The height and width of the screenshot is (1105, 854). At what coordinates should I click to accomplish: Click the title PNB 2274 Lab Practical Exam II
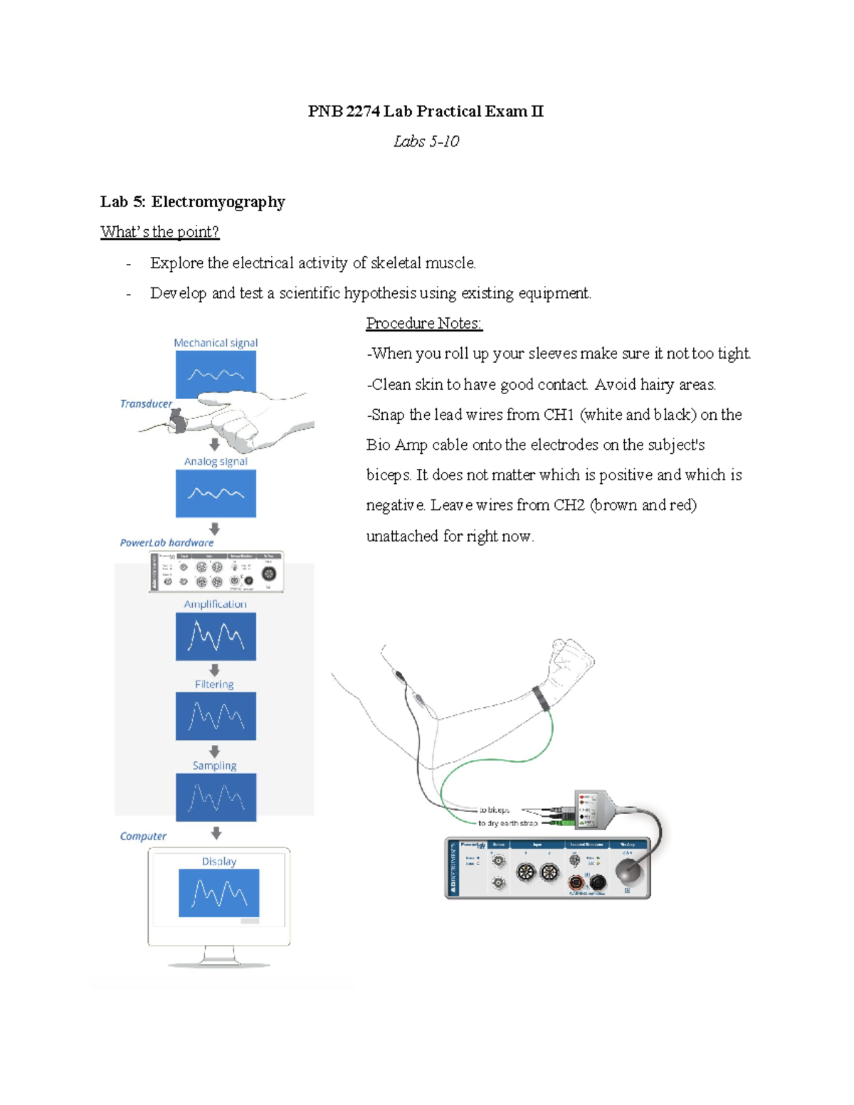(x=426, y=111)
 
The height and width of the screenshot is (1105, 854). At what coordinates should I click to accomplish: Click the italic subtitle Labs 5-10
(x=426, y=142)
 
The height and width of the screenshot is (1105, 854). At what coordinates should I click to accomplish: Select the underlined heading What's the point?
(x=159, y=232)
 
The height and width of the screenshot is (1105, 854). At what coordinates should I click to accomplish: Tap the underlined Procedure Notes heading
(x=424, y=324)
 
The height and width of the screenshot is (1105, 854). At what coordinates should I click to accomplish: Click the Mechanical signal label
(x=216, y=343)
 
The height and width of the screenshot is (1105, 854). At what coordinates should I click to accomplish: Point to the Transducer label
(x=146, y=403)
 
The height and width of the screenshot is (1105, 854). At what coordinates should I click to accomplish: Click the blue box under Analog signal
(x=216, y=493)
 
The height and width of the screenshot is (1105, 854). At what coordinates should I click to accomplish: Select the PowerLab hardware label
(x=167, y=542)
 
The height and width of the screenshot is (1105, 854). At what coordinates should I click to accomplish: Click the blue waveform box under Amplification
(x=216, y=637)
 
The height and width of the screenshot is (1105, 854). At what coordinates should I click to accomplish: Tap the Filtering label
(x=214, y=684)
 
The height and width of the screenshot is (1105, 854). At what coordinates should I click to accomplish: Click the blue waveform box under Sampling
(x=216, y=798)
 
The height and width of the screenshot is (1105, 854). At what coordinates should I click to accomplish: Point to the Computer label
(x=143, y=836)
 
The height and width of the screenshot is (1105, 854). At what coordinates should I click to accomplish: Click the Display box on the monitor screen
(x=218, y=892)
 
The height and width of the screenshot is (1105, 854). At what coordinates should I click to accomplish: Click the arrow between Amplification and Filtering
(x=215, y=670)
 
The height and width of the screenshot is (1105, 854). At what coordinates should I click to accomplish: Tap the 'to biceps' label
(x=494, y=810)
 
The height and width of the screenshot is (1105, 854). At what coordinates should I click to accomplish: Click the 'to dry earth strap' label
(x=507, y=823)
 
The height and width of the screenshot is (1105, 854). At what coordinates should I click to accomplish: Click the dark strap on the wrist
(x=542, y=698)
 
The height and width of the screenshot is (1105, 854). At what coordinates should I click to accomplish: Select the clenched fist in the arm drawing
(x=572, y=659)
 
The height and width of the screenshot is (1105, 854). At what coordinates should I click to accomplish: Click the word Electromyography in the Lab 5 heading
(x=218, y=202)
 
